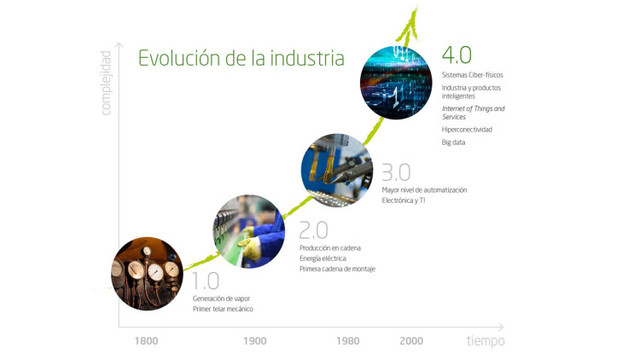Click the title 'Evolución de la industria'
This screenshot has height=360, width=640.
point(241,58)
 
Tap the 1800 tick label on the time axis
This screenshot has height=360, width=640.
point(146,341)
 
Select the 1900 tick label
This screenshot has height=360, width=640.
point(254,341)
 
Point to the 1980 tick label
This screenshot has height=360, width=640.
point(348,341)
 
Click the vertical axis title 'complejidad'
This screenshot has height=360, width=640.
point(106,79)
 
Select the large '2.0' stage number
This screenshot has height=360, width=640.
point(313,229)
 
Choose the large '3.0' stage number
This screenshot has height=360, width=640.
point(397,171)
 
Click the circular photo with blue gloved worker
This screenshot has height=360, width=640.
point(249,231)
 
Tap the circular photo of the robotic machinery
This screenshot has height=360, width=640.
point(336,164)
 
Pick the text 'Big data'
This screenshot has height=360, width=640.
point(455,143)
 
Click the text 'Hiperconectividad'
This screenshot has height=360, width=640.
point(467,130)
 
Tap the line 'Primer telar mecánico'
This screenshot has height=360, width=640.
point(226,310)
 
